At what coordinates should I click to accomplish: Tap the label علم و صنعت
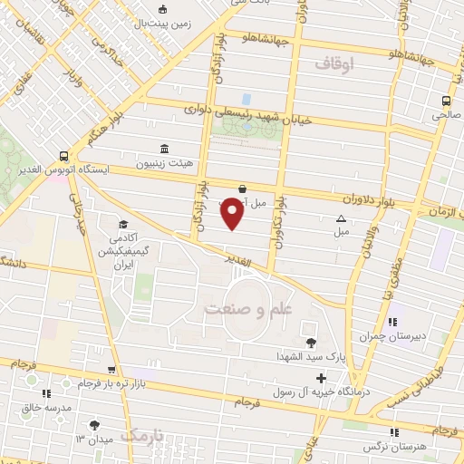click(246, 308)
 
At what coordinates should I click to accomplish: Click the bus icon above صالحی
click(446, 101)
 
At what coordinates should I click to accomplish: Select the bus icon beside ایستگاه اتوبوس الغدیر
click(63, 155)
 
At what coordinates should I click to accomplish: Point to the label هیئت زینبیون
click(164, 165)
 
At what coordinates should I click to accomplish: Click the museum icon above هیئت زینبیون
click(164, 149)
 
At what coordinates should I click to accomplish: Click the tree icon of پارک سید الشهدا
click(312, 343)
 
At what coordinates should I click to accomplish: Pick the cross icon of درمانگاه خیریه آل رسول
click(321, 376)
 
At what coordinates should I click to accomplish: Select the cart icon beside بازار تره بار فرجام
click(111, 370)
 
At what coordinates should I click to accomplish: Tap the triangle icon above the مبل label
click(342, 217)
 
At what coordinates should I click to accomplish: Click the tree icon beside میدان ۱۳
click(94, 424)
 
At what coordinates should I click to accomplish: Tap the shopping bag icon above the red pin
click(241, 188)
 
